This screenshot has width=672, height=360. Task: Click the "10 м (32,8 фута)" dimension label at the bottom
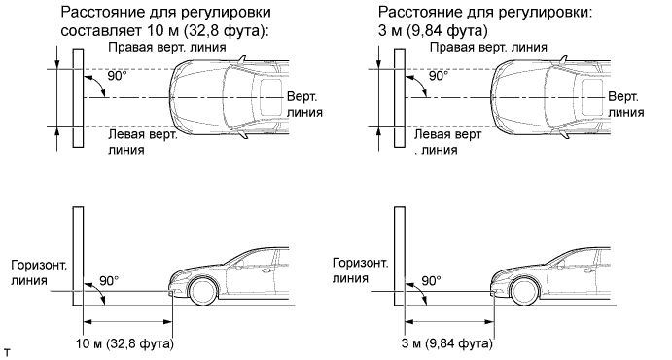[x=125, y=343]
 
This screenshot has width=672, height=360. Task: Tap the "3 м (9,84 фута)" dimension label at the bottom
[x=447, y=343]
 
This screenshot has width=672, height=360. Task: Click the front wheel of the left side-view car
[x=203, y=291]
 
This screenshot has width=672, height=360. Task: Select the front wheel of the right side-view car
[x=525, y=291]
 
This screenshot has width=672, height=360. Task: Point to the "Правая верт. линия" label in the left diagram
[x=167, y=47]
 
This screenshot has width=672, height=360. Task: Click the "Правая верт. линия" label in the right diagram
[x=488, y=47]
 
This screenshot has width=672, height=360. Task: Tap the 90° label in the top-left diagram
[x=117, y=76]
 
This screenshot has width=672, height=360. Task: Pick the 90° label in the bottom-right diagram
[x=431, y=281]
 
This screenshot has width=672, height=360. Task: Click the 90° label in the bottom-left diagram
[x=109, y=281]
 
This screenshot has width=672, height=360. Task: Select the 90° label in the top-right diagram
[x=439, y=76]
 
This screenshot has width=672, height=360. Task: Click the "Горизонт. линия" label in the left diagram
[x=39, y=272]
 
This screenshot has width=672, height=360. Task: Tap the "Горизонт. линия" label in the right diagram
[x=361, y=270]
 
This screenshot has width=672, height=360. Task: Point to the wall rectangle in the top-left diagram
[x=78, y=97]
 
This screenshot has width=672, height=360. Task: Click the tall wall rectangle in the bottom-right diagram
[x=400, y=256]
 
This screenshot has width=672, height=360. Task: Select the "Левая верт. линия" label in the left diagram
[x=143, y=142]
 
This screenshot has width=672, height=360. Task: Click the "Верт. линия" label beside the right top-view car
[x=626, y=104]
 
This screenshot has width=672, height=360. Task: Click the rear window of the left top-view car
[x=271, y=97]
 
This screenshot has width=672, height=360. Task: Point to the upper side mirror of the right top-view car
[x=564, y=60]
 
